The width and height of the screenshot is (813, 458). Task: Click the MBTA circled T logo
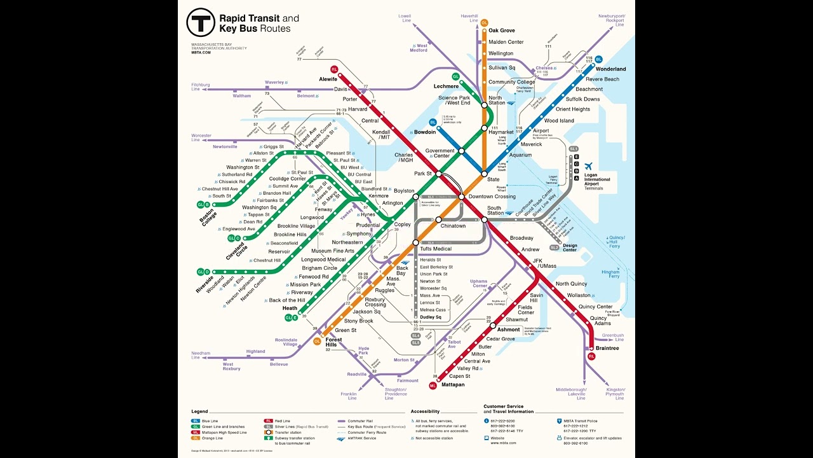tap(201, 23)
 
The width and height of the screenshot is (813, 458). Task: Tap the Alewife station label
tap(328, 79)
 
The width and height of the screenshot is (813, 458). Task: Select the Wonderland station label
tap(610, 69)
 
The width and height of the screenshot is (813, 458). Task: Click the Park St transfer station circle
tap(438, 173)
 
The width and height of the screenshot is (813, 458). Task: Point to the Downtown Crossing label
tap(492, 197)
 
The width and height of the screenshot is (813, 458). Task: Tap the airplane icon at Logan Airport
tap(589, 166)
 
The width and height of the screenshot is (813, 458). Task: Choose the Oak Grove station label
tap(501, 31)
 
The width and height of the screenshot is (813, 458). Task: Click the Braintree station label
tap(607, 348)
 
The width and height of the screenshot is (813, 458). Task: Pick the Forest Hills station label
tap(333, 342)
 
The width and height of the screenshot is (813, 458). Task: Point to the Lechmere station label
tap(446, 86)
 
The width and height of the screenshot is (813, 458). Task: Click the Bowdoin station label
tap(425, 132)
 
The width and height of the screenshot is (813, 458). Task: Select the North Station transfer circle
tap(484, 105)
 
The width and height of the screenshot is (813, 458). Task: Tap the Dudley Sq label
tap(431, 317)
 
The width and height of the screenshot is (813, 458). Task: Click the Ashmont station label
tap(508, 330)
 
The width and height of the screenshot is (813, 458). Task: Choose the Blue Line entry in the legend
tap(210, 420)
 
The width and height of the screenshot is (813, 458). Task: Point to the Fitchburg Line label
tap(200, 87)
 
